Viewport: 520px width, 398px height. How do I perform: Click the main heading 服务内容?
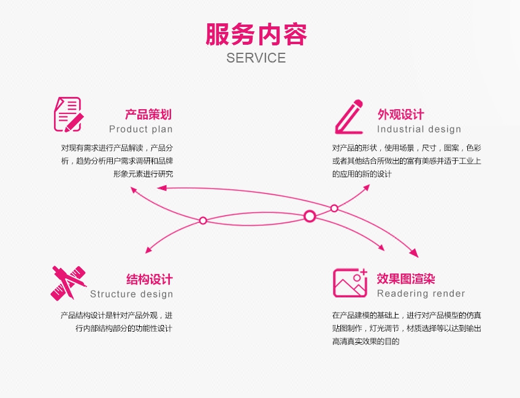[256, 34]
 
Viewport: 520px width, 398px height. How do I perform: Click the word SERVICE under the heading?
[256, 58]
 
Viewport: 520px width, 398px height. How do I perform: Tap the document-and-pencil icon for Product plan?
[67, 113]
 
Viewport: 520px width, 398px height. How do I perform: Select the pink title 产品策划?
[148, 114]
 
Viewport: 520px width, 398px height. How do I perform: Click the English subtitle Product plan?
[141, 129]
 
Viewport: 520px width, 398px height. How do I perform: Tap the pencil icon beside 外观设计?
[348, 117]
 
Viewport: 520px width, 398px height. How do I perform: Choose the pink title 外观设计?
[400, 114]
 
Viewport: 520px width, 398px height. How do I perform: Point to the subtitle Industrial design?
[419, 129]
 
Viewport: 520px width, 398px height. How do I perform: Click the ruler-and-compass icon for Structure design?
[67, 283]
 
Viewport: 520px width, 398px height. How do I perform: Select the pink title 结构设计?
[150, 280]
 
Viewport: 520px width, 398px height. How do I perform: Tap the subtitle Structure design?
[131, 294]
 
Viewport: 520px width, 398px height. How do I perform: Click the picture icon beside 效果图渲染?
[350, 282]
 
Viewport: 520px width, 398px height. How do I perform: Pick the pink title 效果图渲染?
[406, 279]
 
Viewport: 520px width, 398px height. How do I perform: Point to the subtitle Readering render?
[421, 294]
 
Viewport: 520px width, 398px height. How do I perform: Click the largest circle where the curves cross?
[310, 216]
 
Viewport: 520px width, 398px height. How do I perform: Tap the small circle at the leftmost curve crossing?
[203, 220]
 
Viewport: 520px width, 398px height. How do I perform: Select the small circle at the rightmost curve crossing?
[334, 208]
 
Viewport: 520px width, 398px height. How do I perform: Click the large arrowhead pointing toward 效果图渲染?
[414, 253]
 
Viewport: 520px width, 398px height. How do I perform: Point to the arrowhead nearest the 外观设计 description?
[366, 187]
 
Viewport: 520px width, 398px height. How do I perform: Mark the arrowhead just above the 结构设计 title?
[148, 250]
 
